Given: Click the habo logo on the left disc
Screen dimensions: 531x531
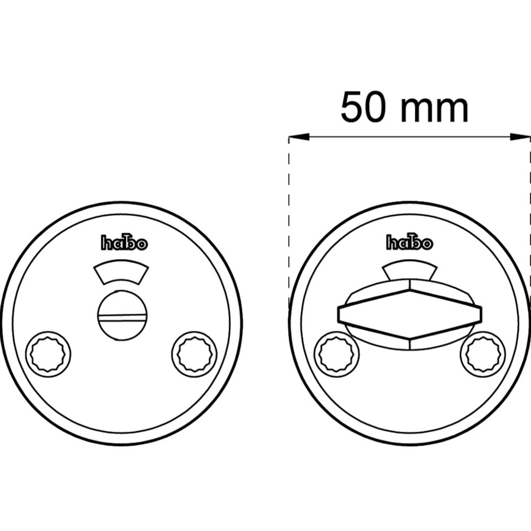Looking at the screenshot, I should point(124,243).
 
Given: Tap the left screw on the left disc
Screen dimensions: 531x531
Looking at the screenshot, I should point(48,353).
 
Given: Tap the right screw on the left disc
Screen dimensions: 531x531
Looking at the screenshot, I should point(194,353).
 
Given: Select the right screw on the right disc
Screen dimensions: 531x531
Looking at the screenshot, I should point(483,354).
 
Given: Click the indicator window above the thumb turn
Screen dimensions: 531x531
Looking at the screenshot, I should point(409,270).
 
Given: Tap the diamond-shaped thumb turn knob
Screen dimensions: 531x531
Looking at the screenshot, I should point(409,314).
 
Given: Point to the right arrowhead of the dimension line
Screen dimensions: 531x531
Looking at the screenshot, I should point(521,138).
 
